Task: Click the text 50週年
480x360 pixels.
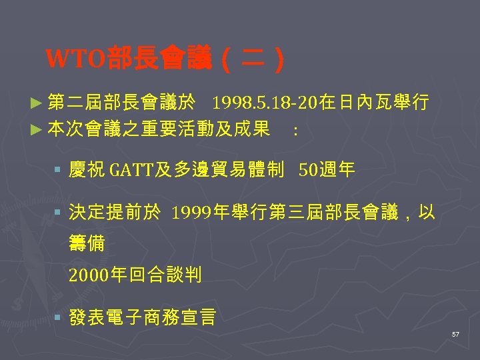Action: (x=327, y=171)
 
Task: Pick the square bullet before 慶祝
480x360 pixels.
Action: (x=59, y=171)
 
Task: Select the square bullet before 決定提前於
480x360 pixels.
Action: (x=59, y=213)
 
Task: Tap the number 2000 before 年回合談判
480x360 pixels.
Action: (x=87, y=275)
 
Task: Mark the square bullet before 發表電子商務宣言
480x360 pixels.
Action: (x=59, y=317)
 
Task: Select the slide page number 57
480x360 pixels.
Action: (x=455, y=333)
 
